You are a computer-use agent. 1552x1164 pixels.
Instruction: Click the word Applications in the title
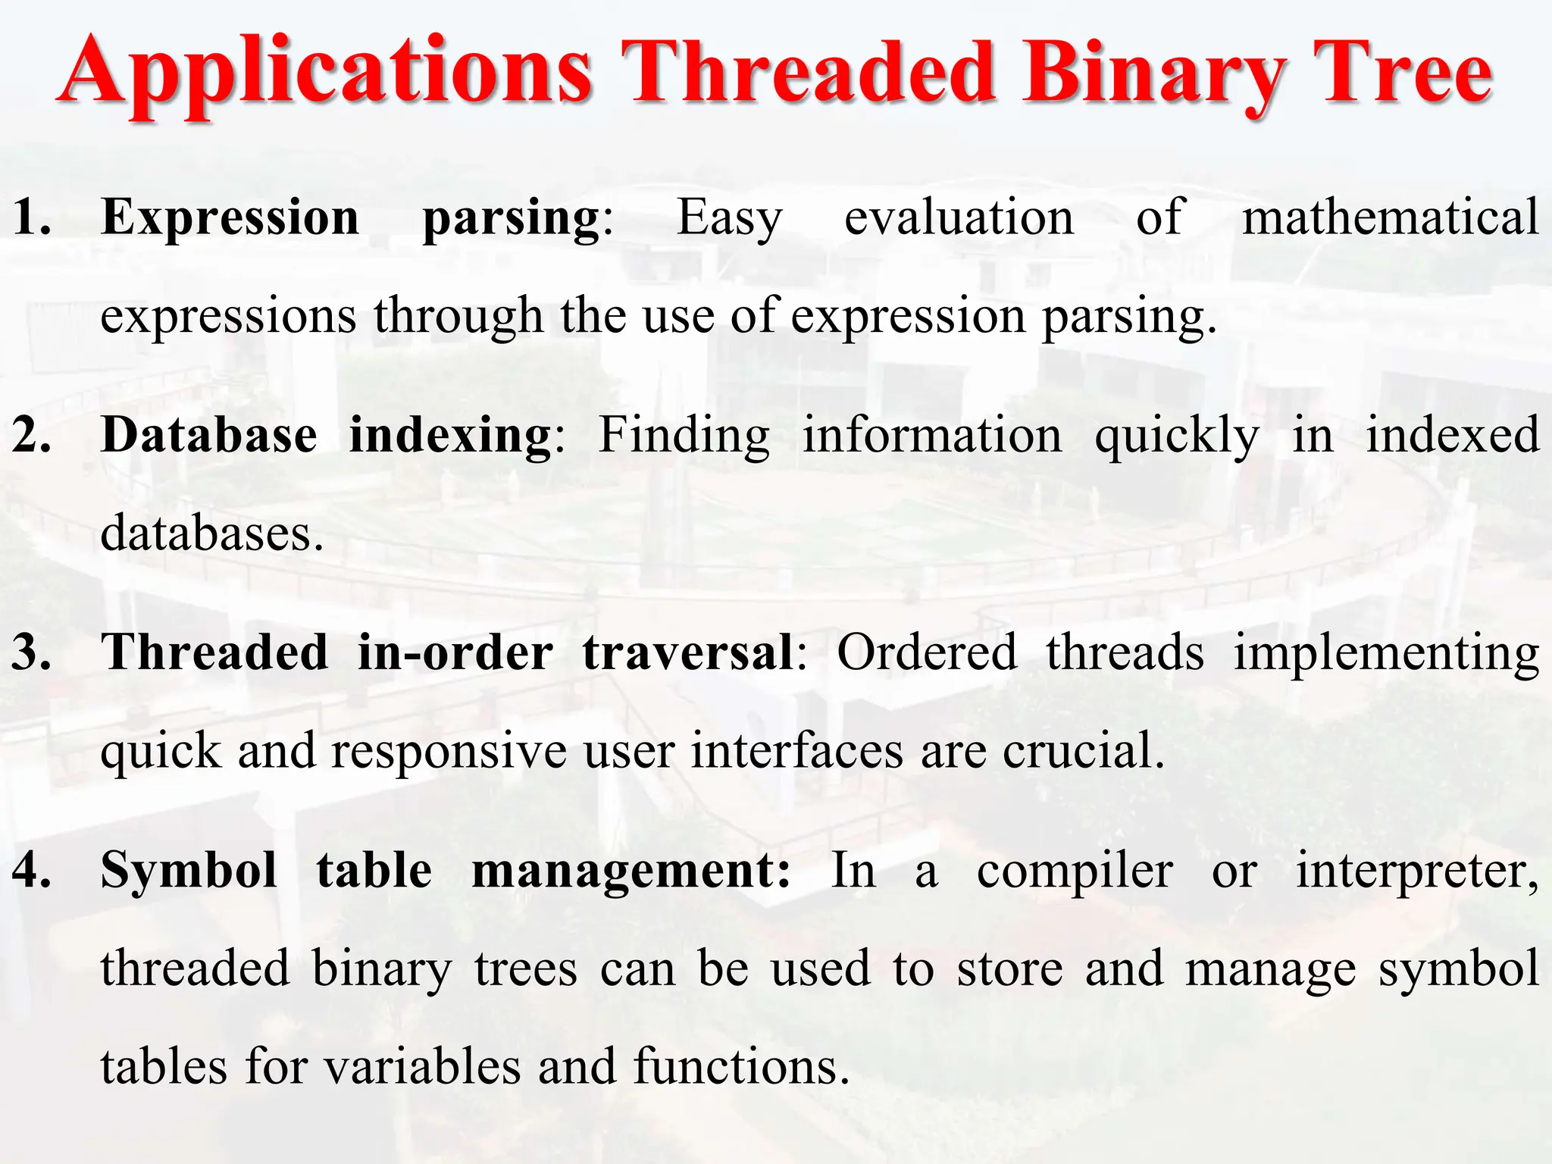coord(326,72)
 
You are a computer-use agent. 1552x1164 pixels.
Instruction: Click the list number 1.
coord(32,217)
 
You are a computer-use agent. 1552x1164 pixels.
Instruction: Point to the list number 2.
coord(32,436)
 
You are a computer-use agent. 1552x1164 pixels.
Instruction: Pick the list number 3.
coord(32,652)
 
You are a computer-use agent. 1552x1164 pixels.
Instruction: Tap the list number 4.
coord(32,870)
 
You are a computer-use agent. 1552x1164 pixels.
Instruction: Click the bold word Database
coord(209,436)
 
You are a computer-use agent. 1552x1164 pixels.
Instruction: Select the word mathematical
coord(1391,217)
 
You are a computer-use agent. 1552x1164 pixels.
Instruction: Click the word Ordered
coord(926,652)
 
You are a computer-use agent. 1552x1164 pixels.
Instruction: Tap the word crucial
coord(1083,751)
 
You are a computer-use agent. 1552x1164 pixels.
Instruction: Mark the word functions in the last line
coord(740,1066)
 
